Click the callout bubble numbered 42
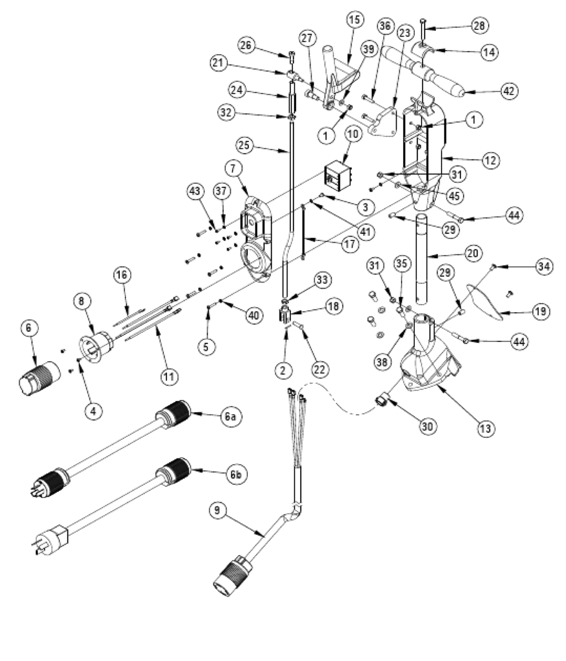click(510, 91)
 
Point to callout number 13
click(486, 428)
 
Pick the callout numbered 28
click(479, 25)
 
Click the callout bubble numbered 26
click(248, 46)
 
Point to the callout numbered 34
click(544, 267)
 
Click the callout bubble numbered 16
click(122, 275)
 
